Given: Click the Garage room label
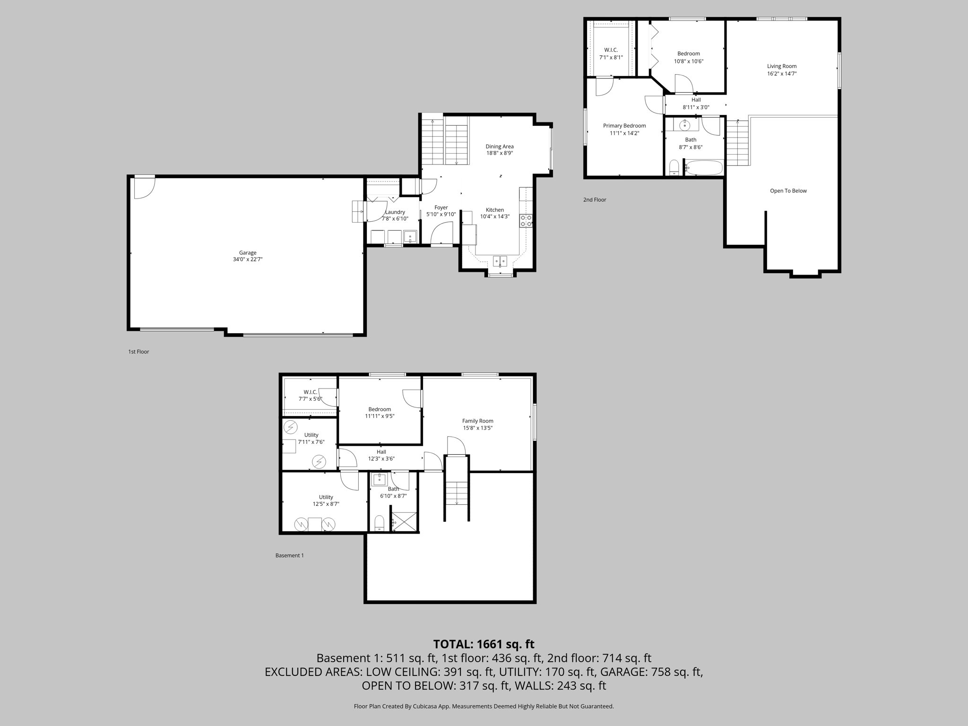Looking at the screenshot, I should tap(247, 253).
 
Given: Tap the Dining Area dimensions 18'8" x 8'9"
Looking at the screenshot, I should tap(500, 153).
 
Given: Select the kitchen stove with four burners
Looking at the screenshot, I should tap(526, 221).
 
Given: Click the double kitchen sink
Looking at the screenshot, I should tap(500, 260).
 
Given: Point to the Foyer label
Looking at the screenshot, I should tap(441, 207).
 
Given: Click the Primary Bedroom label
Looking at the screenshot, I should tap(624, 126).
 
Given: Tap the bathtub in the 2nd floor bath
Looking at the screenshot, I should tap(704, 168).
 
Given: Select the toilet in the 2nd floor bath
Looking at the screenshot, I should tap(674, 168).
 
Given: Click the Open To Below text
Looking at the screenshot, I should tap(788, 191).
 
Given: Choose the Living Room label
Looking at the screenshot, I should tap(781, 66).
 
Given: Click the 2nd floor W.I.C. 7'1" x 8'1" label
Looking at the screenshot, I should tap(611, 53).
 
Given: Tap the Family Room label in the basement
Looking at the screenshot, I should tap(477, 421).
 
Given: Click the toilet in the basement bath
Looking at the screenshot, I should tap(379, 523).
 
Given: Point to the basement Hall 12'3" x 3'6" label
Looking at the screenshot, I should tap(381, 455).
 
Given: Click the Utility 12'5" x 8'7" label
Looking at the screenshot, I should tap(326, 500).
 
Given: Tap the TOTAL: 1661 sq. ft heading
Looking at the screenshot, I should tap(484, 644).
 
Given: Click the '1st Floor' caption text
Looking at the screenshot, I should tap(138, 352).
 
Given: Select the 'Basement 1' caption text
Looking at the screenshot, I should tap(289, 555).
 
